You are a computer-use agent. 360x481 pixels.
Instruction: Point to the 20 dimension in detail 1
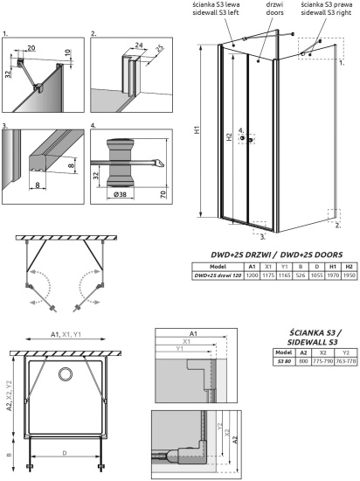(33, 50)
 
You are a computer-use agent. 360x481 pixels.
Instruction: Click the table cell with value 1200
(251, 275)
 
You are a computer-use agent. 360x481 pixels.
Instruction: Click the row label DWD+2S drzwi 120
(217, 275)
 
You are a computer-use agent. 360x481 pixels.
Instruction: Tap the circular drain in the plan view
(66, 375)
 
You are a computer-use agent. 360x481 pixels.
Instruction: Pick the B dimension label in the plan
(8, 455)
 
